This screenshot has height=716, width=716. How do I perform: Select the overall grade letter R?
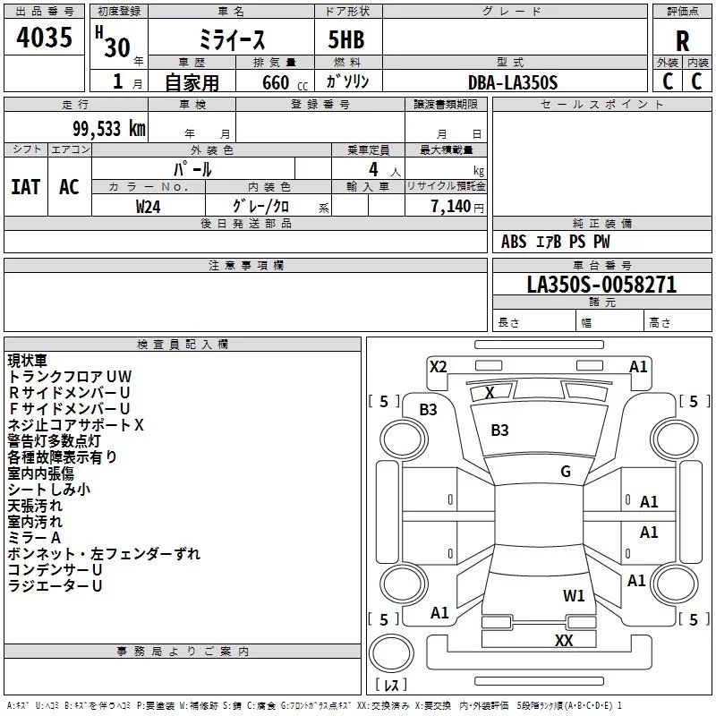click(x=682, y=41)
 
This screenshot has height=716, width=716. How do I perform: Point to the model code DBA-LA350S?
click(x=513, y=81)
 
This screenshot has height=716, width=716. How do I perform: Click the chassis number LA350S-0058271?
click(x=601, y=285)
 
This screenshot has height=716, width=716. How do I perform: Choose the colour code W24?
click(x=149, y=206)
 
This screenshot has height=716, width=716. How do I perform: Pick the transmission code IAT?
click(x=26, y=187)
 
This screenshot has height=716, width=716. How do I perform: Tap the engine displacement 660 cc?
click(x=276, y=82)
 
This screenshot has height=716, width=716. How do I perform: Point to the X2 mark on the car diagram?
click(x=439, y=366)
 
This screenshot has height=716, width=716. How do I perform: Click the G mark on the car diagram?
click(x=566, y=471)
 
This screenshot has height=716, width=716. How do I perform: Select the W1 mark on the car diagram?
click(x=574, y=595)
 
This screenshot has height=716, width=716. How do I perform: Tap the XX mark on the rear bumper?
click(x=564, y=640)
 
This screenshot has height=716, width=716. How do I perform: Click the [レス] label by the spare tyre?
click(x=390, y=685)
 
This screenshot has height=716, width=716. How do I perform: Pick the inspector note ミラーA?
click(x=34, y=537)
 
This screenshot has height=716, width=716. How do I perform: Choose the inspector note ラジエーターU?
click(x=55, y=586)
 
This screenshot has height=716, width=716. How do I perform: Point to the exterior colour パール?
click(x=192, y=168)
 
